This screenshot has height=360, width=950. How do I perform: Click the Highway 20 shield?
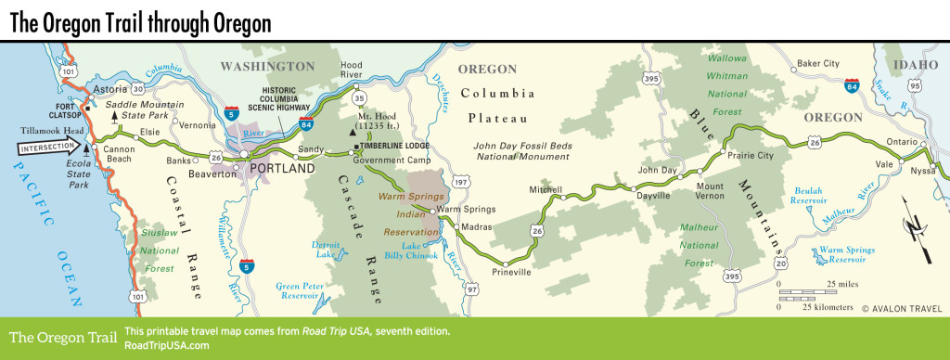[x=774, y=264]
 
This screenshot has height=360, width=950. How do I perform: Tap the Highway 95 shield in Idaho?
[x=916, y=85]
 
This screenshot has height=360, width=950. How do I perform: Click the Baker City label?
[x=818, y=64]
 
